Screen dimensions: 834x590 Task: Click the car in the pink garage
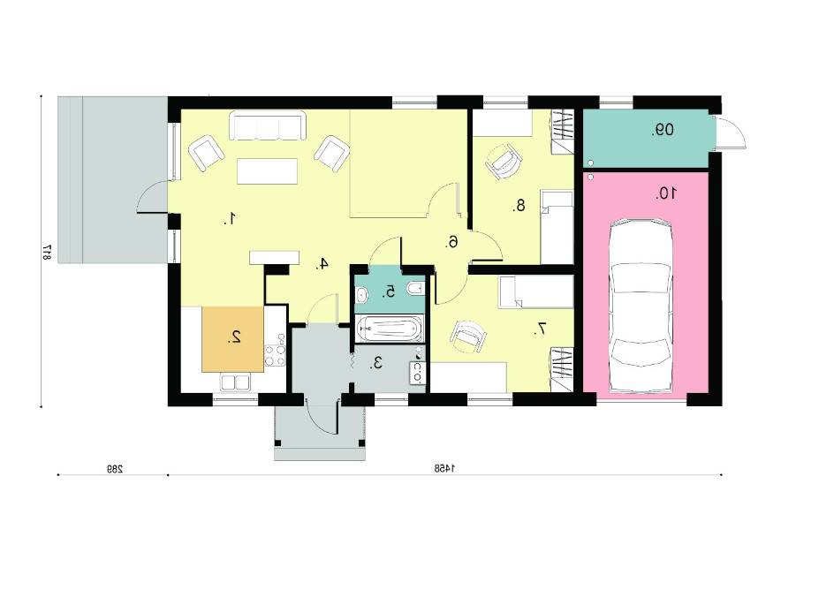641,306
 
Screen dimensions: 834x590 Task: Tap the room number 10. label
666,193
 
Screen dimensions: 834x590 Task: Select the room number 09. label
663,130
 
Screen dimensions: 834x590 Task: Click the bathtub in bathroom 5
390,329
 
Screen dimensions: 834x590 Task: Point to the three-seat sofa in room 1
268,125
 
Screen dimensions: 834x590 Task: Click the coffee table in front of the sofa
267,171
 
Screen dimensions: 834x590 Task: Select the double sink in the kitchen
235,382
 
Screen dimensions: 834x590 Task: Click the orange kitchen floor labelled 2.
232,339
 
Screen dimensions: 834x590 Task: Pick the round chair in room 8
503,161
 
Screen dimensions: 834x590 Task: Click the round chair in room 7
468,337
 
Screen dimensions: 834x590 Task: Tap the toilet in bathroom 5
415,289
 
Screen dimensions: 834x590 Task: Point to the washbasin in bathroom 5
361,294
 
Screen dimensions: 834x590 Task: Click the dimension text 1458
444,468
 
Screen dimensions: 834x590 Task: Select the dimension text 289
114,469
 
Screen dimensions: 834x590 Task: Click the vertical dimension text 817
47,252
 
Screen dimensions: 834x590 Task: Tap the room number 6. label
451,242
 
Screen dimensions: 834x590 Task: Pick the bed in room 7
535,291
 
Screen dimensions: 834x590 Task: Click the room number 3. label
376,364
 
